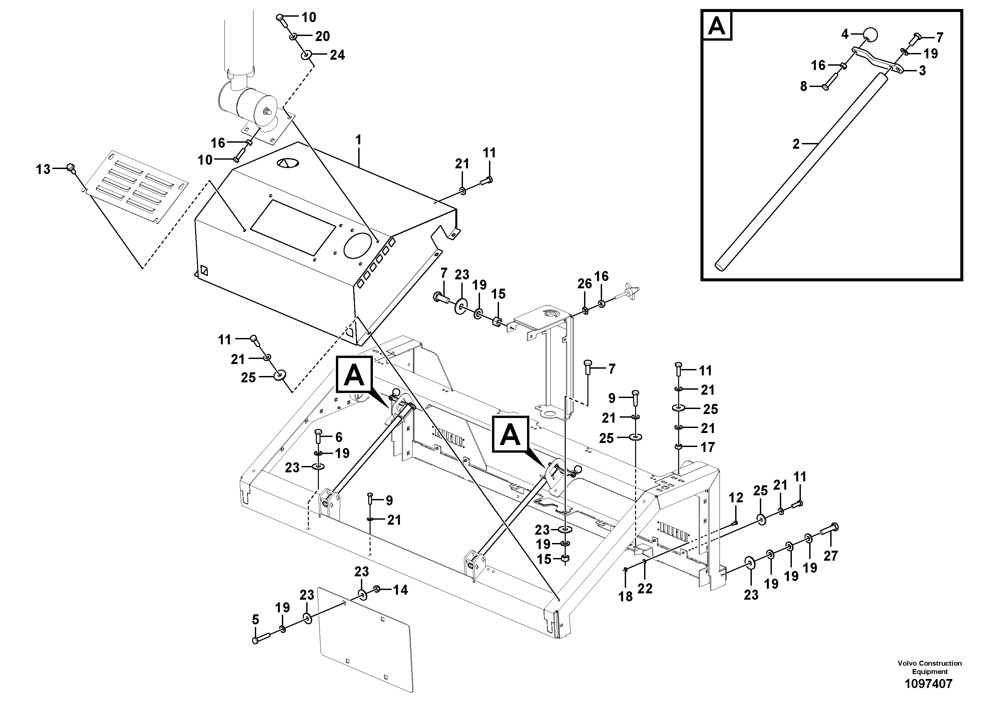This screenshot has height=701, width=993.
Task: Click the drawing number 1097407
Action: click(x=929, y=684)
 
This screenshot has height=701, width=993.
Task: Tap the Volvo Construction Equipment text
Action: click(x=929, y=667)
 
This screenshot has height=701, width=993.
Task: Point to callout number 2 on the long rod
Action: click(x=796, y=144)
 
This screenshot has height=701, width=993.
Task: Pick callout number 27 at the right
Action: click(x=830, y=555)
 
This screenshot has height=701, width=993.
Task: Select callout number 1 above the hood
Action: click(x=358, y=140)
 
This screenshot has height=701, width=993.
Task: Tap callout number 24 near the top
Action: click(x=337, y=55)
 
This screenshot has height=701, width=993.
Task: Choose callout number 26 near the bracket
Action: click(x=585, y=284)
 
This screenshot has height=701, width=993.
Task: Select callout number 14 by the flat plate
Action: click(x=401, y=590)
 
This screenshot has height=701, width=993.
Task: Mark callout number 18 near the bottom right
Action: click(x=625, y=597)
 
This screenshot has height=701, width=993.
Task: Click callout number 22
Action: click(x=645, y=588)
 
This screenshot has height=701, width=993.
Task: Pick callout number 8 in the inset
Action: click(x=804, y=86)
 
